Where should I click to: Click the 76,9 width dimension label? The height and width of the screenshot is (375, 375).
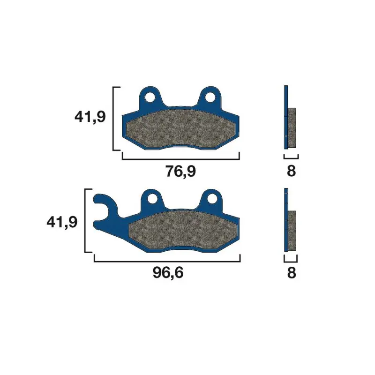click(180, 171)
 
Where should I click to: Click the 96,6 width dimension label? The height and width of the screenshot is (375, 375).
click(168, 273)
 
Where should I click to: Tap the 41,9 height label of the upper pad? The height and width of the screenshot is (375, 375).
click(90, 117)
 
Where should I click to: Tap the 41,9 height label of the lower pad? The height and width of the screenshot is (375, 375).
click(62, 222)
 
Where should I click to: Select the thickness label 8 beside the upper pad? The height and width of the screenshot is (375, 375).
click(291, 171)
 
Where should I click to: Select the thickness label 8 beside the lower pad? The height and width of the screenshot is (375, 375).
click(292, 273)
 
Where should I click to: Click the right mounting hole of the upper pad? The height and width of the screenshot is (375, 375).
click(210, 97)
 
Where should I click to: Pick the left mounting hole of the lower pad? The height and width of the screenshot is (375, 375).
click(152, 198)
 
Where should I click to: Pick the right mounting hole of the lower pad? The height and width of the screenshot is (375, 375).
click(212, 198)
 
